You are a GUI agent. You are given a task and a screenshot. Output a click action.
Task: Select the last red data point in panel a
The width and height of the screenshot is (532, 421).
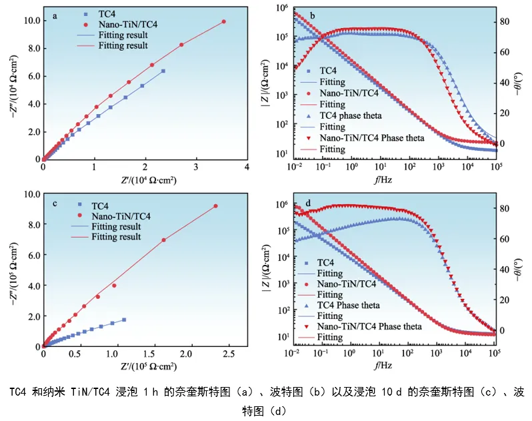pyautogui.click(x=223, y=21)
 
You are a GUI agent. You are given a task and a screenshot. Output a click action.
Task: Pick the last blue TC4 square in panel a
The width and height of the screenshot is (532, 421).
pyautogui.click(x=163, y=71)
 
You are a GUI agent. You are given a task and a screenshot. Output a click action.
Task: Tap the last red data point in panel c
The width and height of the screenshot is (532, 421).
pyautogui.click(x=215, y=206)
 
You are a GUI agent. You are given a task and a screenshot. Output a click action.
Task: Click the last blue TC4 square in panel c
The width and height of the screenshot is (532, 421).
pyautogui.click(x=124, y=320)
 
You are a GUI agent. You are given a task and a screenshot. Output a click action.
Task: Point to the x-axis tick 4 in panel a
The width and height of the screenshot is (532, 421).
pyautogui.click(x=247, y=167)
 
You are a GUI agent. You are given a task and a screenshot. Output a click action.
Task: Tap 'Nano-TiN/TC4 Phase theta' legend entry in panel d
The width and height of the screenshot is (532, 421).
pyautogui.click(x=369, y=326)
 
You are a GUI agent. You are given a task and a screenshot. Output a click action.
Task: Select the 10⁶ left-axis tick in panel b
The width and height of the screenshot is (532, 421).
pyautogui.click(x=283, y=8)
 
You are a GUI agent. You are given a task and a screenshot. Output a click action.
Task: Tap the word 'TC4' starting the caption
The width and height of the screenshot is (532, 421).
pyautogui.click(x=19, y=392)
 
